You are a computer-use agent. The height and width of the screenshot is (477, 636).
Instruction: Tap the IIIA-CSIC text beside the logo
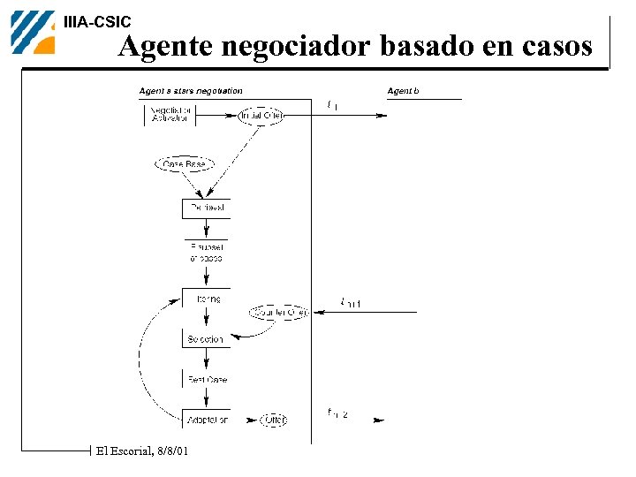[97, 22]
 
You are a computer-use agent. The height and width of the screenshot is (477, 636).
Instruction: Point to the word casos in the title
[555, 46]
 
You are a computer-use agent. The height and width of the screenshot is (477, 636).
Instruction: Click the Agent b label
[404, 91]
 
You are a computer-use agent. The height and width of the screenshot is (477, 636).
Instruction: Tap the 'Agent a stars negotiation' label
[191, 91]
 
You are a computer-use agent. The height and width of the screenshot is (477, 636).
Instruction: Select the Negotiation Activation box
[170, 115]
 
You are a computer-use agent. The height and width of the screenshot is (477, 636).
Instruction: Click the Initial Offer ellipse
[261, 116]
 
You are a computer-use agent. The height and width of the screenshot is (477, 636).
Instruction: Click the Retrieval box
[205, 208]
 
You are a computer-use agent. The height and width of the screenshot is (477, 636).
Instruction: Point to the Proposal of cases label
[206, 253]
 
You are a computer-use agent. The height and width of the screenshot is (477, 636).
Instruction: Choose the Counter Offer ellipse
[278, 312]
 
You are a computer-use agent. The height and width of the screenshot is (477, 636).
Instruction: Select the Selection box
[206, 339]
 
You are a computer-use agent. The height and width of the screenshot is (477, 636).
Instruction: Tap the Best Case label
[206, 380]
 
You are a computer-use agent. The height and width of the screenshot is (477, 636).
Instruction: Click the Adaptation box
[206, 420]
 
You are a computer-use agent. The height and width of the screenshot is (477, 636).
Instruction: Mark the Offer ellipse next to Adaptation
[274, 420]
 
